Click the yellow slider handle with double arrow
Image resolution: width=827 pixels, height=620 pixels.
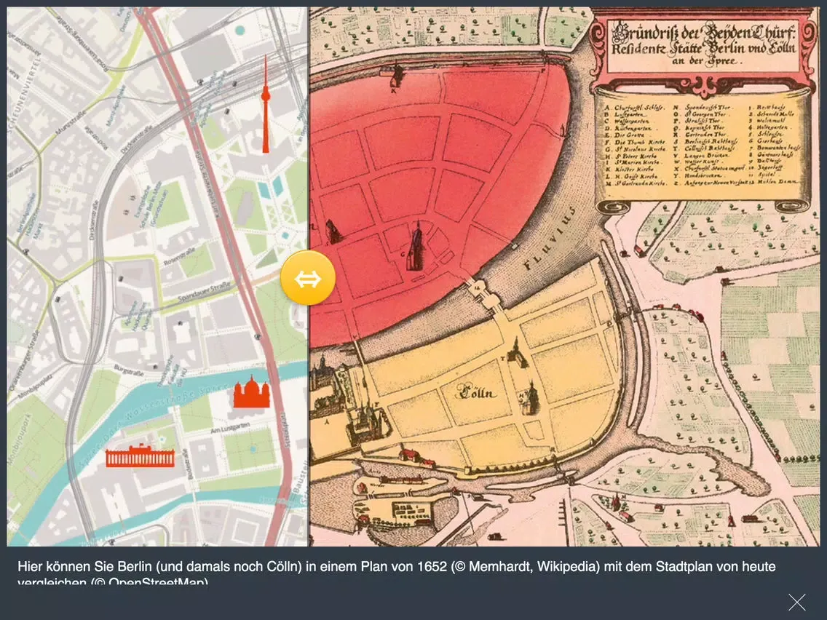click(x=308, y=278)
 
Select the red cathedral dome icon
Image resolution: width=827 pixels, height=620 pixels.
click(x=252, y=392)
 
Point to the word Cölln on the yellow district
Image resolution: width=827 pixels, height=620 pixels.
click(x=476, y=394)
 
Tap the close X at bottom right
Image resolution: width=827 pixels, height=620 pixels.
click(x=796, y=602)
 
